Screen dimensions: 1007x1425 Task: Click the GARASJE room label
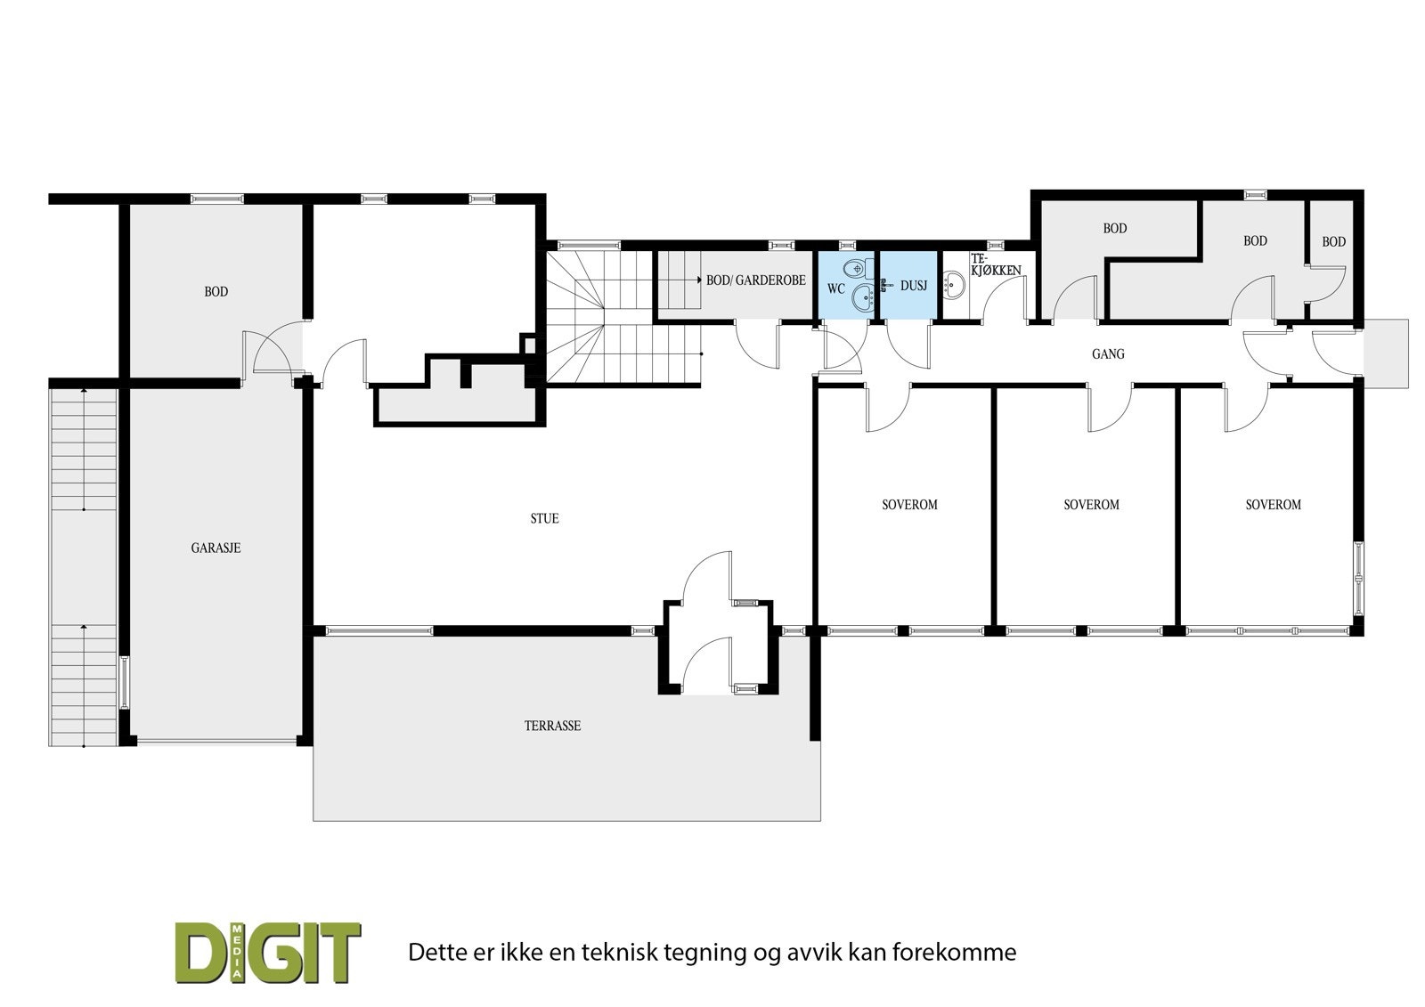[216, 548]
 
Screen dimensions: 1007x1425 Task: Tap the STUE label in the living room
[544, 518]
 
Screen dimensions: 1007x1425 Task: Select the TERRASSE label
[552, 726]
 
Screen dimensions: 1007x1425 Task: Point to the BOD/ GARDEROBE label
[756, 280]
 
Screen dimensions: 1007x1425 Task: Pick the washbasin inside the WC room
[862, 298]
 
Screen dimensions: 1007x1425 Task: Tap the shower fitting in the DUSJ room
[884, 285]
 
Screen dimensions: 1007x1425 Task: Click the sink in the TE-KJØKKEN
[955, 287]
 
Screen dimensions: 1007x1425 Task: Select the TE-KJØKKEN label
[995, 264]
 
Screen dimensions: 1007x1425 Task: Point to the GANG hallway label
[1108, 353]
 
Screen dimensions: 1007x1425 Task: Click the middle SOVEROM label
[1091, 505]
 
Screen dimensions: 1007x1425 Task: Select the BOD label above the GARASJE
[216, 292]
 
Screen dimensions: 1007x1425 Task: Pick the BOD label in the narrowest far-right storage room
[1333, 242]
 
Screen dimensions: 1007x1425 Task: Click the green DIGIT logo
[267, 952]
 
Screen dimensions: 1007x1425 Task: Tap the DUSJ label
[914, 286]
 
